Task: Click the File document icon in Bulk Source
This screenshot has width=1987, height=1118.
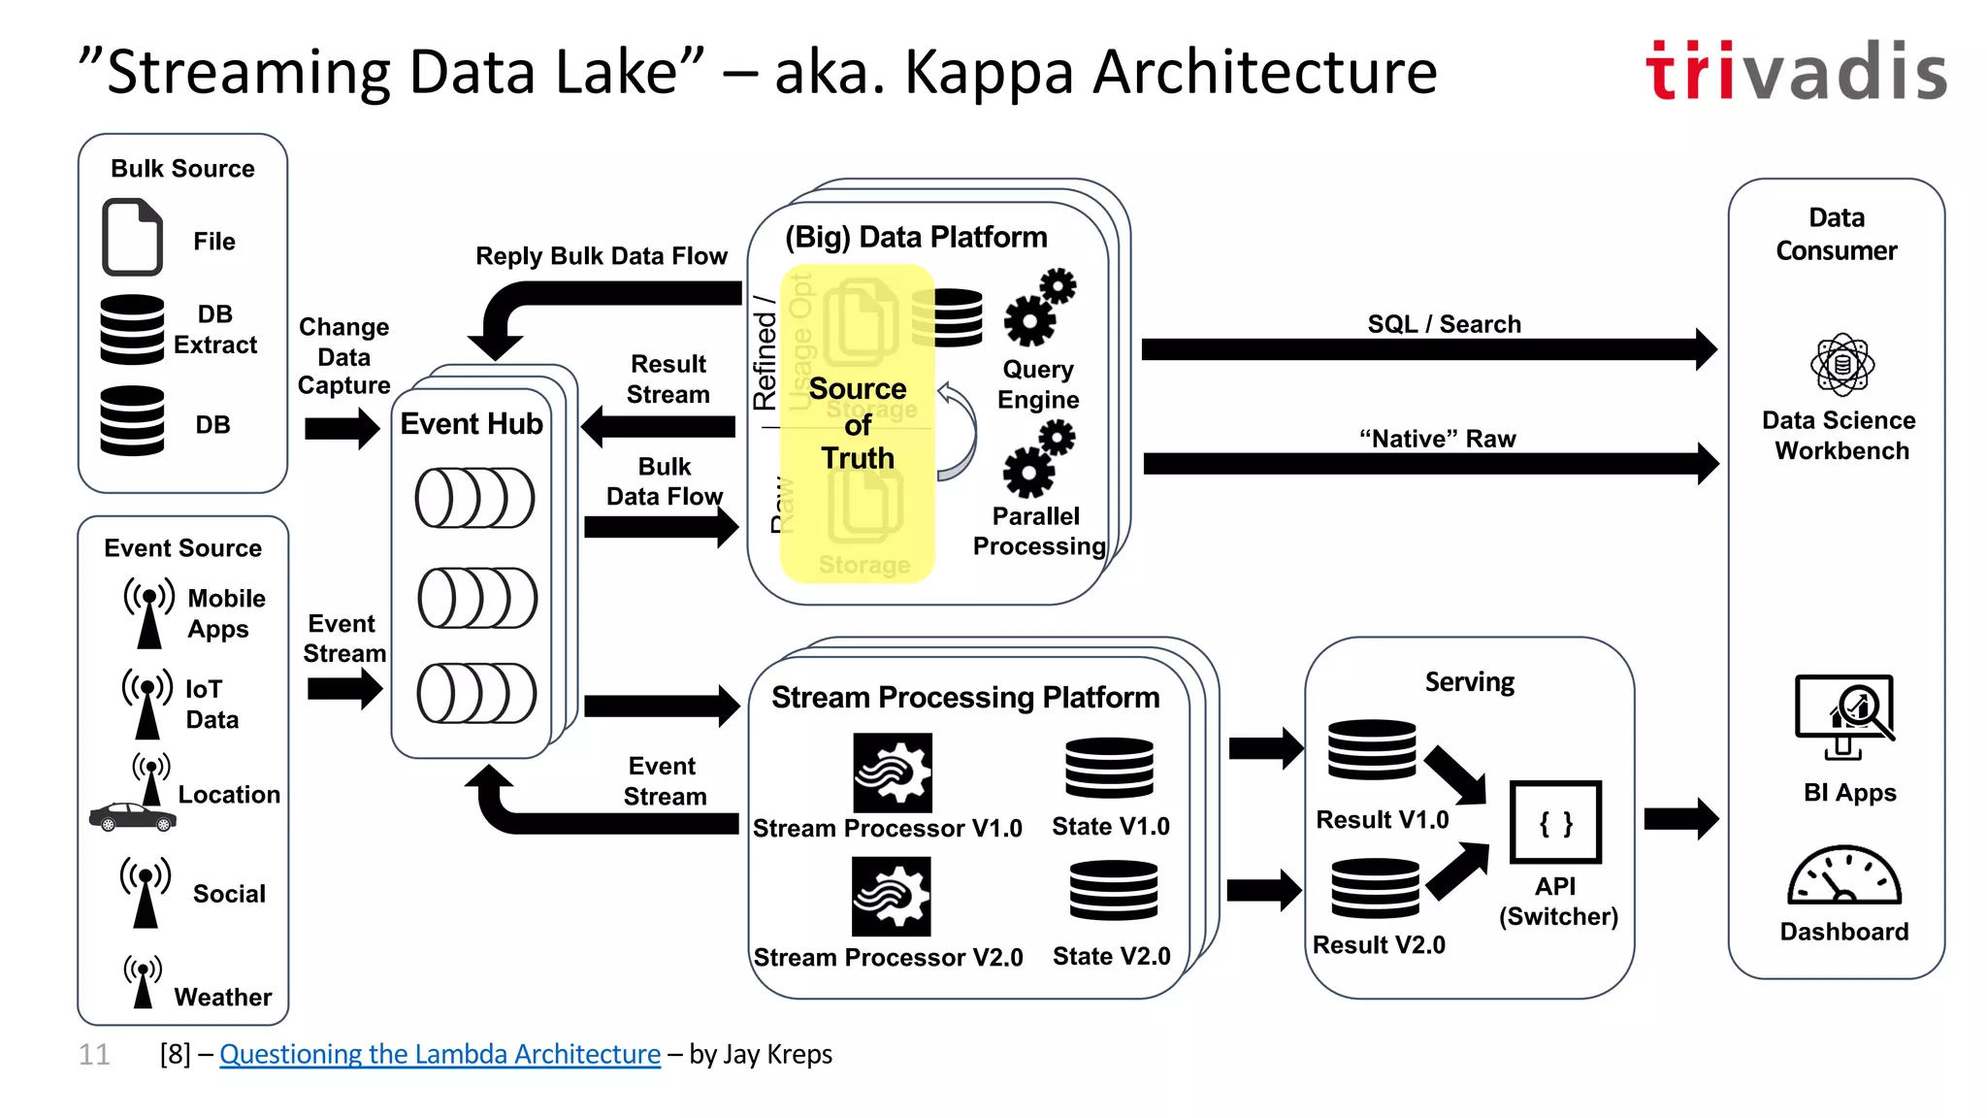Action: (132, 238)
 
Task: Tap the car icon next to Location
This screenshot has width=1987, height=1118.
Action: (133, 817)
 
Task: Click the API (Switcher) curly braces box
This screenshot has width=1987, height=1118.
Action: (1555, 823)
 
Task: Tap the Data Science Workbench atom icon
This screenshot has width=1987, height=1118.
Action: (1841, 365)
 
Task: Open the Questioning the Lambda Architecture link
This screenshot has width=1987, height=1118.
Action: (440, 1054)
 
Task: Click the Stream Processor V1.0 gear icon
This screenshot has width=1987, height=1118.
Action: (893, 773)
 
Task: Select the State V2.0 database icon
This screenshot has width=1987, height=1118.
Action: (1113, 891)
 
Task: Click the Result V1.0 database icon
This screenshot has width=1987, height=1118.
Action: (1372, 750)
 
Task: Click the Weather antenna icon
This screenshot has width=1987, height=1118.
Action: (143, 981)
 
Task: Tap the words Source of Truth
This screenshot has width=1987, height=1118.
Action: (858, 423)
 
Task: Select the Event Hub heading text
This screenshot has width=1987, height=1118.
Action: (472, 424)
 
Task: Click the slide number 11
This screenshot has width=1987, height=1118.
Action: (94, 1054)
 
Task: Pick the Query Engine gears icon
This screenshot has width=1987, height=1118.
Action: (1039, 308)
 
